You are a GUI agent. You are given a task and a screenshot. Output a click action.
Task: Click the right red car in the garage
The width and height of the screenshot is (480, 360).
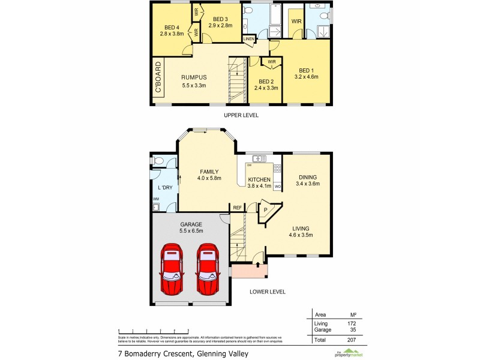point(207,269)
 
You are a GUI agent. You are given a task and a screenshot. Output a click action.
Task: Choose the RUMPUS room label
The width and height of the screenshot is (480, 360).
point(194,77)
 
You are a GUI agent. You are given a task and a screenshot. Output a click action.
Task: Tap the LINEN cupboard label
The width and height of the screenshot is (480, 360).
point(249,39)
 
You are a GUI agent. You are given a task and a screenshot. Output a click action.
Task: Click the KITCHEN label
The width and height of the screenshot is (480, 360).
point(259,179)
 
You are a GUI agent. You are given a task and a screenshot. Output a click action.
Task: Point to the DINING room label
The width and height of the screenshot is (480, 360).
point(307,177)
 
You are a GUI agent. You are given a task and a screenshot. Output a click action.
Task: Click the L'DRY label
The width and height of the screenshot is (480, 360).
point(165,188)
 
